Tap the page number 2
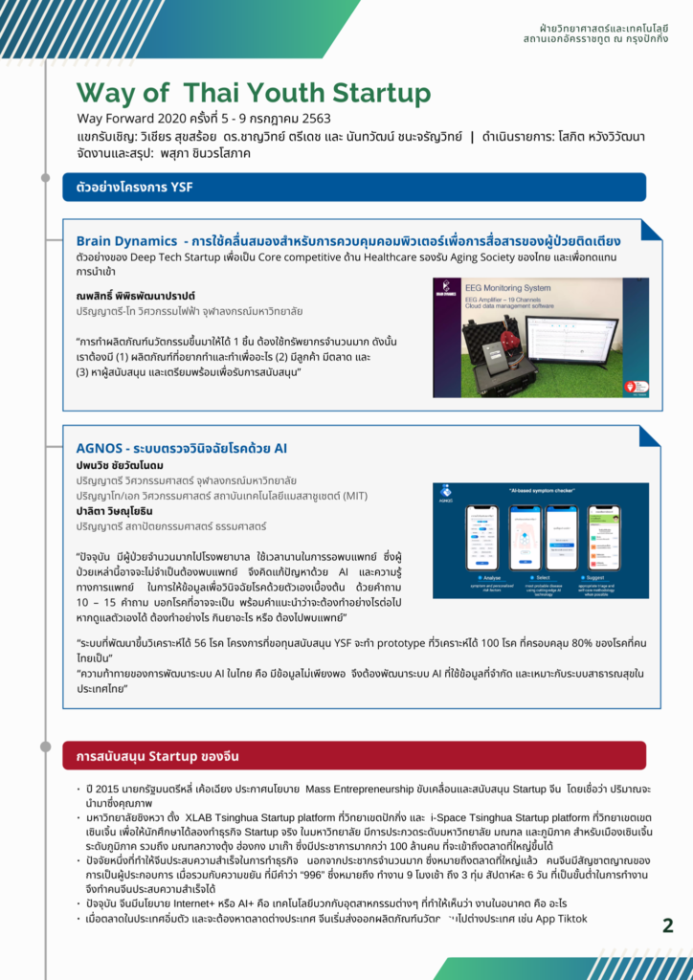[667, 924]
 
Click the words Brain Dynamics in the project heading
[126, 240]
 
